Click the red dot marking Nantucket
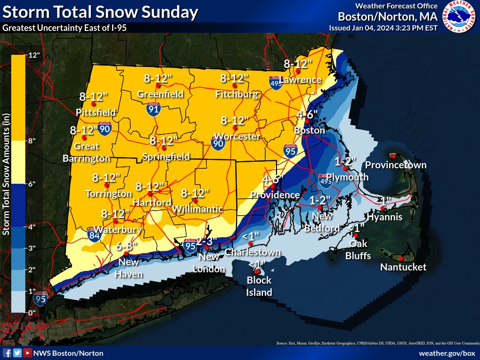point(402,258)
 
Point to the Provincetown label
point(396,165)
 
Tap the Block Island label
point(259,286)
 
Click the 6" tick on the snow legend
point(32,184)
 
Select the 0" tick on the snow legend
point(32,312)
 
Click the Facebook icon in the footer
point(7,353)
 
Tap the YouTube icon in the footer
point(28,353)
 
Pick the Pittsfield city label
point(96,112)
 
